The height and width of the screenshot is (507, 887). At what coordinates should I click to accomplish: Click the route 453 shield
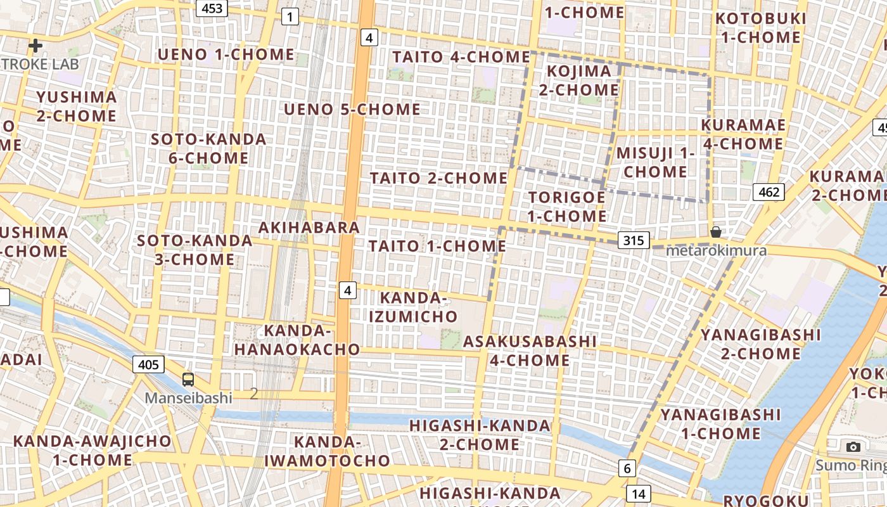coord(212,8)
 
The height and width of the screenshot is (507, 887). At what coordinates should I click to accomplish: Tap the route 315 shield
coord(633,240)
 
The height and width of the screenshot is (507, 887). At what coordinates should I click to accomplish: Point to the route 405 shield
coord(149,364)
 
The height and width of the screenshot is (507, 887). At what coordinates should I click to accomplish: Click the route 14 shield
coord(638,493)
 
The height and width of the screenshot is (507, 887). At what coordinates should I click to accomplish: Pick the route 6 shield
coord(627,468)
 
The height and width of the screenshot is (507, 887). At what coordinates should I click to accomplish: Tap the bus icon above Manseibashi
coord(188,380)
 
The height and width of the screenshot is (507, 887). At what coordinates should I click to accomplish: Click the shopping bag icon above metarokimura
coord(716,232)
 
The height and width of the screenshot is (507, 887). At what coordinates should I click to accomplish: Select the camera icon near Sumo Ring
coord(853,447)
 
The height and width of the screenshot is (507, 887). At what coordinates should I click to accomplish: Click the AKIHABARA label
coord(309,227)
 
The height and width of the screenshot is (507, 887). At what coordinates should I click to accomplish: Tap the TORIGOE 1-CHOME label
coord(567,207)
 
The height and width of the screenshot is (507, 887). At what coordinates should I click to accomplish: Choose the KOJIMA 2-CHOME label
coord(578,80)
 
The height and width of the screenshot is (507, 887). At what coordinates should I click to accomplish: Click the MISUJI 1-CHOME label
coord(655,162)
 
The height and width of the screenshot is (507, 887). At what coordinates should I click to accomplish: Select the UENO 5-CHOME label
coord(352,110)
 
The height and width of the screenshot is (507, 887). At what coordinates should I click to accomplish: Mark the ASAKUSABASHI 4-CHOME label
coord(530,350)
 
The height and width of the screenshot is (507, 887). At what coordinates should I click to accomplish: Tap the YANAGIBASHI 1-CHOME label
coord(720,424)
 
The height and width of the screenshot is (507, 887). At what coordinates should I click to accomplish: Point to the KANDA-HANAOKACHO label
coord(297,340)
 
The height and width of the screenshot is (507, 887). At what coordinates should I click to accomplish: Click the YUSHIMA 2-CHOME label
coord(77,106)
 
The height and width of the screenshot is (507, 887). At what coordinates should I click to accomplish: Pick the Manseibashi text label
coord(188,398)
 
